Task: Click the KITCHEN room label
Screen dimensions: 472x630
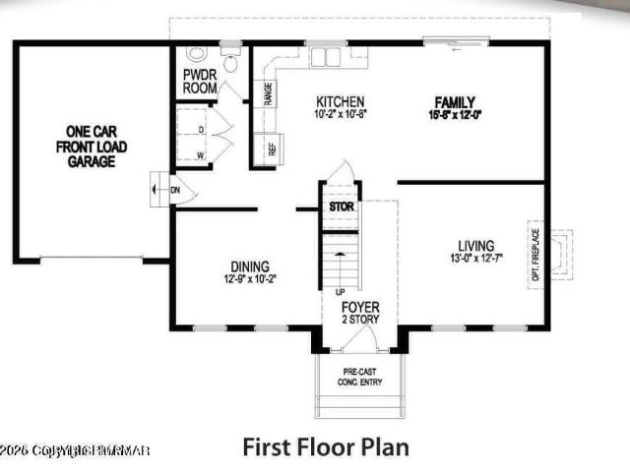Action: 340,101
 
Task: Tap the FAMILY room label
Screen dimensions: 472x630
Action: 455,101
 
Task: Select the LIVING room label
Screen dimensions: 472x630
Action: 475,246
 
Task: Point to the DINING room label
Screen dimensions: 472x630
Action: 250,265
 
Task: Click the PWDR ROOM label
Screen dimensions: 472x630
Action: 201,81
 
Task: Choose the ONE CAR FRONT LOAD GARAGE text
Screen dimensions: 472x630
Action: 91,147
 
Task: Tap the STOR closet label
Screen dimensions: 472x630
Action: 341,207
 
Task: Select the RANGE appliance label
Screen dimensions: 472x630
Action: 268,94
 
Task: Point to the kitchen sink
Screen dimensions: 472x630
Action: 325,56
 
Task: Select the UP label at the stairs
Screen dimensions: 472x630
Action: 341,292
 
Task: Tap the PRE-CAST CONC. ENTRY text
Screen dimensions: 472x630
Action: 358,375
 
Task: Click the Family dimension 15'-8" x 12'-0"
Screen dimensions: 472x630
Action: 455,115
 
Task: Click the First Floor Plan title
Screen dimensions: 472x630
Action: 325,447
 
